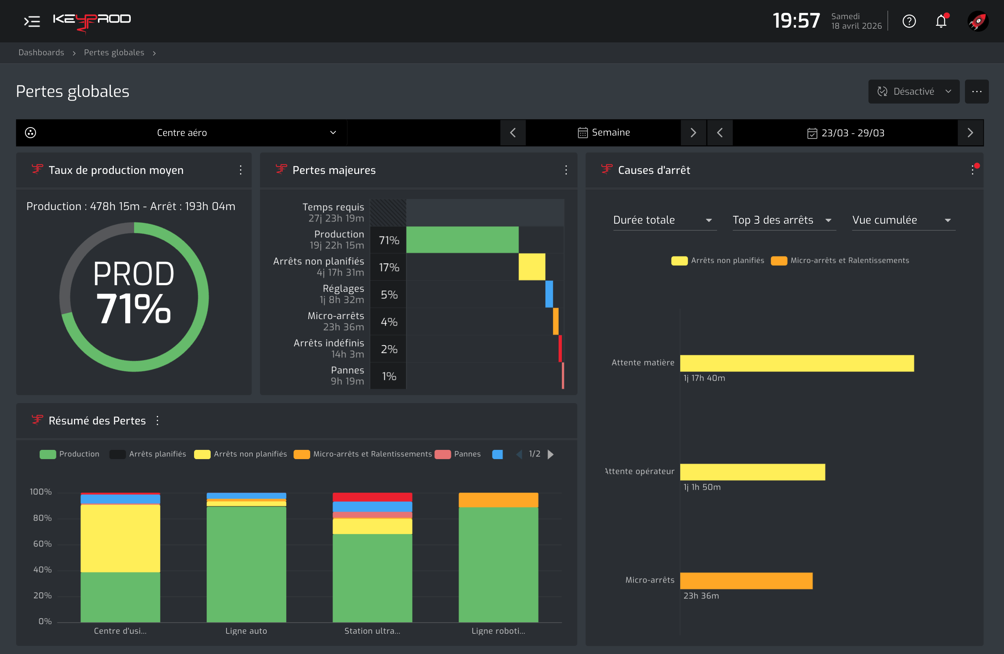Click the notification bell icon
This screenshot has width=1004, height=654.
[941, 21]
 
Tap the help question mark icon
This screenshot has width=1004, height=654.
[909, 21]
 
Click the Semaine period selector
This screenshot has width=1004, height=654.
[603, 133]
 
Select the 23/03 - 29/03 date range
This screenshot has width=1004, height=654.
[845, 133]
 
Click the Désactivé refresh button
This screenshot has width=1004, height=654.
[914, 91]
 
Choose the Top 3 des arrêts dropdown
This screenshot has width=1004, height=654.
[784, 220]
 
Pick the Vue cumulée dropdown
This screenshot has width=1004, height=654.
[903, 220]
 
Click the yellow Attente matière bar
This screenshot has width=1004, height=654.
[797, 363]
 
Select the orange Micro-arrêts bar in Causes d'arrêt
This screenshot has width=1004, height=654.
[746, 581]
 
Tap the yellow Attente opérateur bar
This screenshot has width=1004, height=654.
[752, 472]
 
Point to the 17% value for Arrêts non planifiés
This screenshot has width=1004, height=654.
[389, 267]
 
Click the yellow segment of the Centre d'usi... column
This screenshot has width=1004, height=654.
[120, 538]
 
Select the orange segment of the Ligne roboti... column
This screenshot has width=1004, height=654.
[498, 500]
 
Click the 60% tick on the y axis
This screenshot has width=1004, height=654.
[43, 544]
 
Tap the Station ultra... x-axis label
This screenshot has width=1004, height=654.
[372, 631]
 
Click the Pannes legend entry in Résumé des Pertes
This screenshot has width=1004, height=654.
[458, 454]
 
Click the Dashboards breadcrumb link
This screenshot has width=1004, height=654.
[41, 52]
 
